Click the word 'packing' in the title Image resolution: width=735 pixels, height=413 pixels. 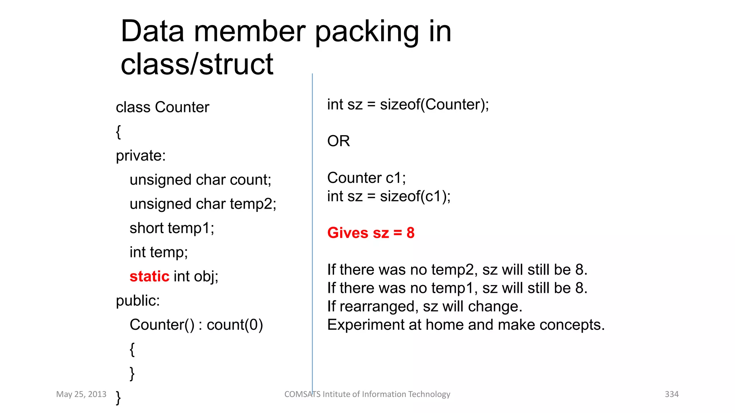(367, 32)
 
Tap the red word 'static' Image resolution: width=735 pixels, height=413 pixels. (149, 276)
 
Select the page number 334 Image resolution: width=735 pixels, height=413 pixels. (671, 394)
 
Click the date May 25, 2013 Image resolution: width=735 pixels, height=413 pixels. (81, 394)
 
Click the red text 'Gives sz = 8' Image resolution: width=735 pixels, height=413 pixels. (371, 233)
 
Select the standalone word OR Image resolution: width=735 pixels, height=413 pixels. (338, 141)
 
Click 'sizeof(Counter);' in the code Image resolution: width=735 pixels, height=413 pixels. (434, 105)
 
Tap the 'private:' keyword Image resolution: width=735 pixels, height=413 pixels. (141, 156)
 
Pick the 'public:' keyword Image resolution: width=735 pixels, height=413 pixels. (137, 300)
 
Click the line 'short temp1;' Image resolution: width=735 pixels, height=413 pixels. (172, 228)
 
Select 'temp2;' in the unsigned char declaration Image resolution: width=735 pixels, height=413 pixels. (253, 204)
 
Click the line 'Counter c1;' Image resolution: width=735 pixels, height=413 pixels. (366, 178)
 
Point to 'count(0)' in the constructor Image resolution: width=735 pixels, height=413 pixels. (235, 325)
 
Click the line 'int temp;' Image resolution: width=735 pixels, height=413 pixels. (159, 252)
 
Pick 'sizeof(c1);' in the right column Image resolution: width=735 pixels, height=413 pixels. (415, 196)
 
